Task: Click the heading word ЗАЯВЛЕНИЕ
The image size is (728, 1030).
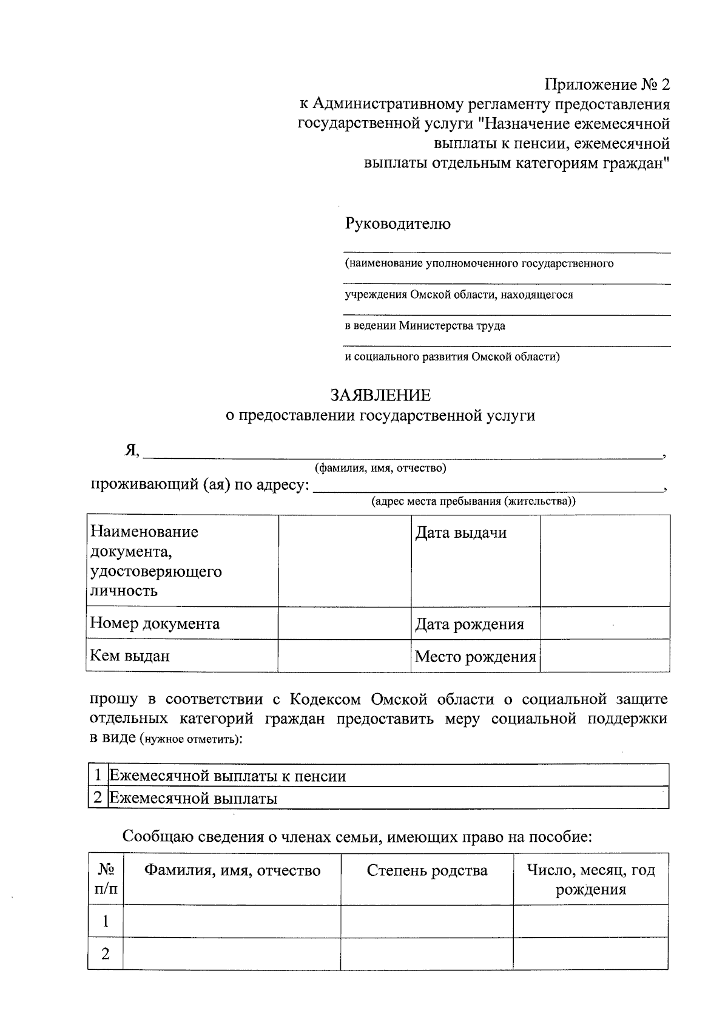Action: tap(380, 396)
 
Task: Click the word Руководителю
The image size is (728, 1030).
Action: tap(398, 224)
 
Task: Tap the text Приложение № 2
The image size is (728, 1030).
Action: tap(607, 84)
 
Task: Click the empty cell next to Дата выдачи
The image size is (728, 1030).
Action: tap(605, 560)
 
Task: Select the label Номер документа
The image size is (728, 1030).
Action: tap(155, 623)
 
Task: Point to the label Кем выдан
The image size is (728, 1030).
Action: tap(130, 656)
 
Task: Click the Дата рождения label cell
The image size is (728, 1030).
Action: tap(469, 625)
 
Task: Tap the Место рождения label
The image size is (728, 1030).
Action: tap(475, 657)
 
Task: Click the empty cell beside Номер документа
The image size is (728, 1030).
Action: tap(344, 623)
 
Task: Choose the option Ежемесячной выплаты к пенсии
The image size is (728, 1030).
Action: tap(227, 776)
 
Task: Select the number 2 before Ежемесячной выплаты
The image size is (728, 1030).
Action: tap(98, 798)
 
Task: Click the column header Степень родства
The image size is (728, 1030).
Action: tap(427, 871)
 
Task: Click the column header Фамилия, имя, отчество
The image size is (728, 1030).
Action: tap(232, 871)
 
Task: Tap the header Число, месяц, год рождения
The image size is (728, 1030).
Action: tap(591, 880)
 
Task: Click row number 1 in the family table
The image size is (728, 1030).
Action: tap(106, 921)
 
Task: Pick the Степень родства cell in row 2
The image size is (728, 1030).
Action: tap(427, 954)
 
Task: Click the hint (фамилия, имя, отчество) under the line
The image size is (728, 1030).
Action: tap(380, 468)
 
